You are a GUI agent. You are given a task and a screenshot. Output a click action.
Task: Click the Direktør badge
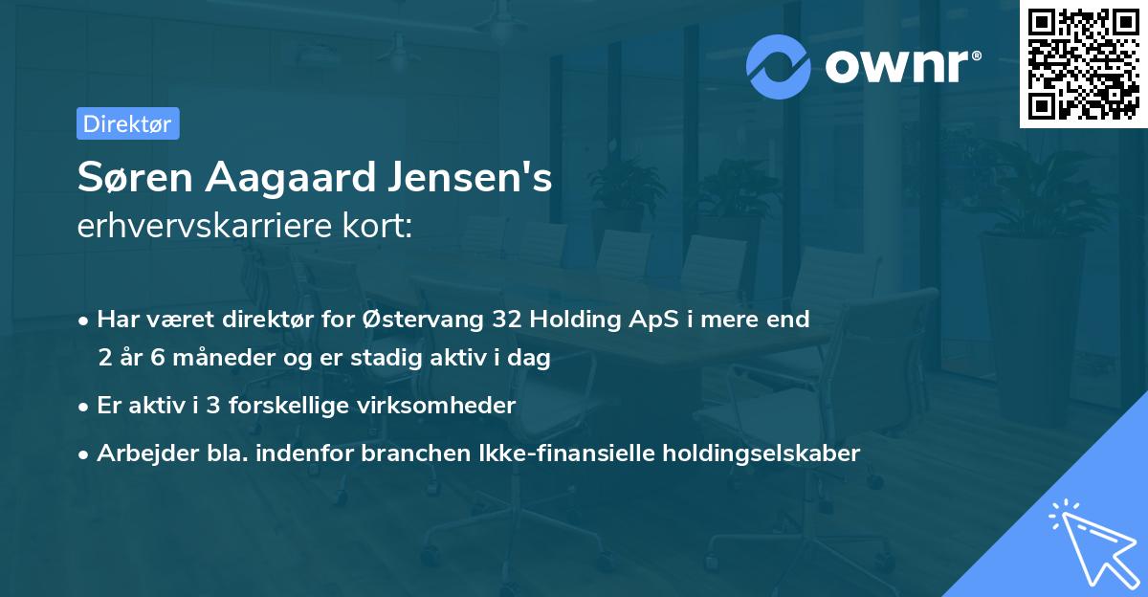click(127, 123)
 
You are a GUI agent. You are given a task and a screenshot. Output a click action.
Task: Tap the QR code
click(1084, 63)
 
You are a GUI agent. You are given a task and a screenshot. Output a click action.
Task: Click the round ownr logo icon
click(779, 66)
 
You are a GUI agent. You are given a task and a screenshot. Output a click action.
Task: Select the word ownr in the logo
click(897, 66)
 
